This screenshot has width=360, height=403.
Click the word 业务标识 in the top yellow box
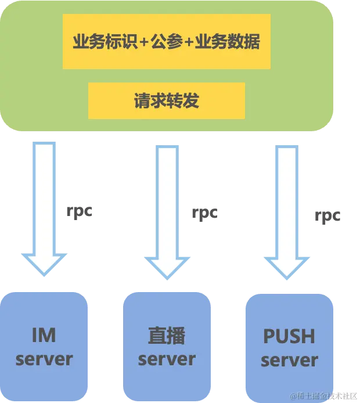[105, 42]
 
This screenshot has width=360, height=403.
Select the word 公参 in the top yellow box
[167, 42]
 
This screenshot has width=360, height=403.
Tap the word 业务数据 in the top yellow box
[228, 42]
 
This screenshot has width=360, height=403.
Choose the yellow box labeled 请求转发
[166, 100]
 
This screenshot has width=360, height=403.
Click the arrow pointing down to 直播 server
[166, 209]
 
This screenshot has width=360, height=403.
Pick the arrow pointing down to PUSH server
[289, 212]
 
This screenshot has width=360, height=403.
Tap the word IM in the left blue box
[44, 335]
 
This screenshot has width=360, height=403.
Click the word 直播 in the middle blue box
[166, 336]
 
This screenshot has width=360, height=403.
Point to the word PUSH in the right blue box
[289, 336]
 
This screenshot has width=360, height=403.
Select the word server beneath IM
[44, 358]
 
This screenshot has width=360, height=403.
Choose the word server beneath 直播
[166, 359]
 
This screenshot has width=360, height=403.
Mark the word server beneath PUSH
[289, 359]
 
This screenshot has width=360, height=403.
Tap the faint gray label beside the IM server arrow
[79, 212]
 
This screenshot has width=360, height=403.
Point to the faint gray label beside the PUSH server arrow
[327, 217]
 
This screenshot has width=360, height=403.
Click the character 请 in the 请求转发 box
[142, 100]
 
